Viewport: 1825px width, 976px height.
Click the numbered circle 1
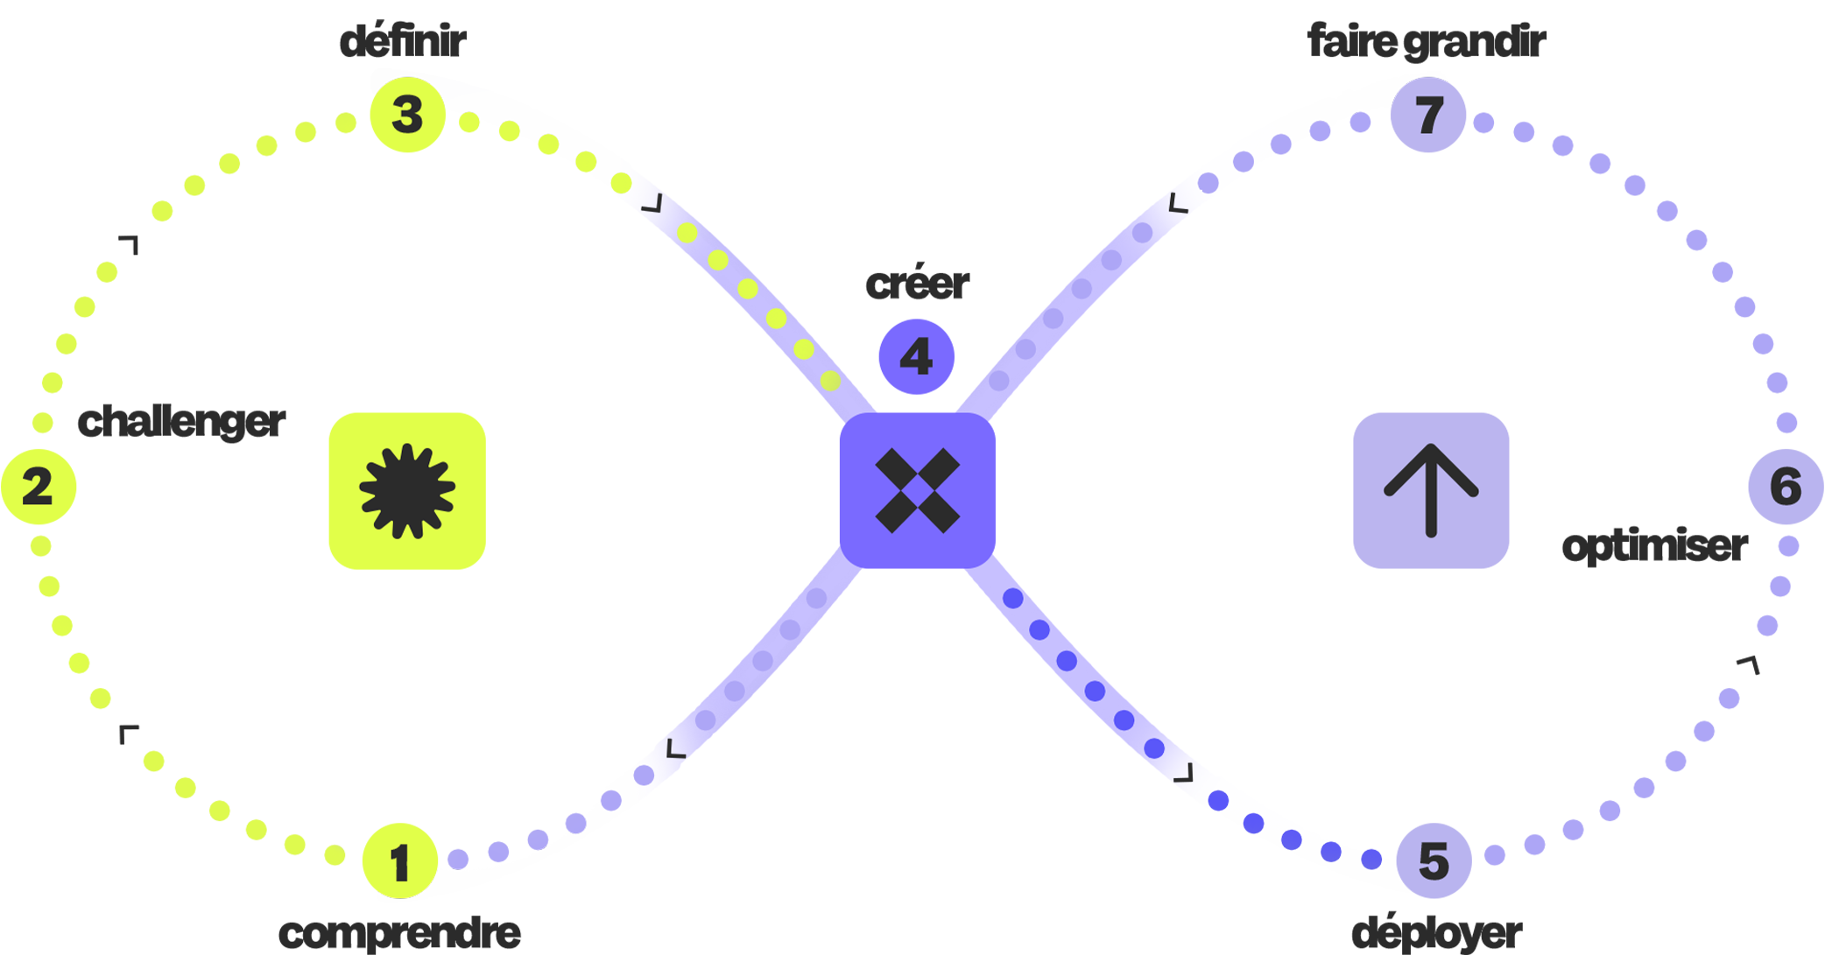pos(400,861)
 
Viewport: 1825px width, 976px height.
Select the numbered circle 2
pos(39,487)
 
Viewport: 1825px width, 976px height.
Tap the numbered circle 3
pos(408,115)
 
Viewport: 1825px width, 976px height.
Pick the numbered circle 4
pos(917,356)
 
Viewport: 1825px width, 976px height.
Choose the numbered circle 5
pos(1434,860)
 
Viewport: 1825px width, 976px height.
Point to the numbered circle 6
pos(1786,487)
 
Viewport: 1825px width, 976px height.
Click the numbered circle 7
pos(1428,115)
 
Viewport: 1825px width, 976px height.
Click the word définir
pos(403,41)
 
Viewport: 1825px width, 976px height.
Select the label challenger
pos(181,422)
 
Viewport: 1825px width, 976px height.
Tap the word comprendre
pos(399,933)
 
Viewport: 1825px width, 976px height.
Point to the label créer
pos(917,283)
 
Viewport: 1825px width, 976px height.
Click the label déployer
pos(1437,933)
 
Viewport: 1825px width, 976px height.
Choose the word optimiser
pos(1655,546)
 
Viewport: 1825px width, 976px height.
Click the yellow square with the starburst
pos(407,491)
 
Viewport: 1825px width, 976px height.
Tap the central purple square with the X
pos(918,490)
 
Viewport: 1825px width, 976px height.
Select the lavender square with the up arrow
pos(1431,490)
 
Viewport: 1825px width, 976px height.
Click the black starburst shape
pos(407,491)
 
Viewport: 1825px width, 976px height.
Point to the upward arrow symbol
pos(1431,490)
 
